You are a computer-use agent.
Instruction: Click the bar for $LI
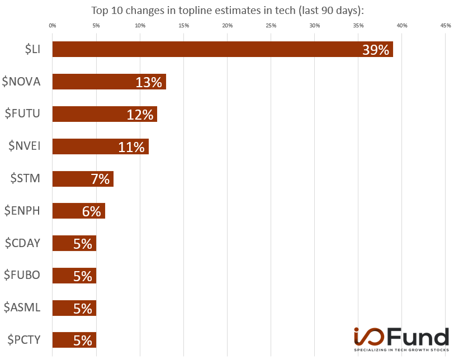[x=223, y=49]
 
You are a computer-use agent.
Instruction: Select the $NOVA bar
[x=109, y=82]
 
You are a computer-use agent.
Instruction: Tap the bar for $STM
[x=83, y=179]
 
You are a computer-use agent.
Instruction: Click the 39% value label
[x=376, y=50]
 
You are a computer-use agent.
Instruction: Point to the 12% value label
[x=140, y=115]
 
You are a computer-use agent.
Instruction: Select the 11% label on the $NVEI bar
[x=131, y=147]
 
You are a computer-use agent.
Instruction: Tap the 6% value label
[x=92, y=211]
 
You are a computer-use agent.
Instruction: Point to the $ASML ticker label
[x=22, y=307]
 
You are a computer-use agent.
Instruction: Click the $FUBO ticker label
[x=22, y=275]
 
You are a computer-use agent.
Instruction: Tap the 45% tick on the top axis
[x=446, y=25]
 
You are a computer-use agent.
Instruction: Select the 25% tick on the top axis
[x=271, y=25]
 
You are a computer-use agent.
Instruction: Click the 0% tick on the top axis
[x=53, y=25]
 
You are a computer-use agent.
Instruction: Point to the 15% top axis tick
[x=183, y=25]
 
